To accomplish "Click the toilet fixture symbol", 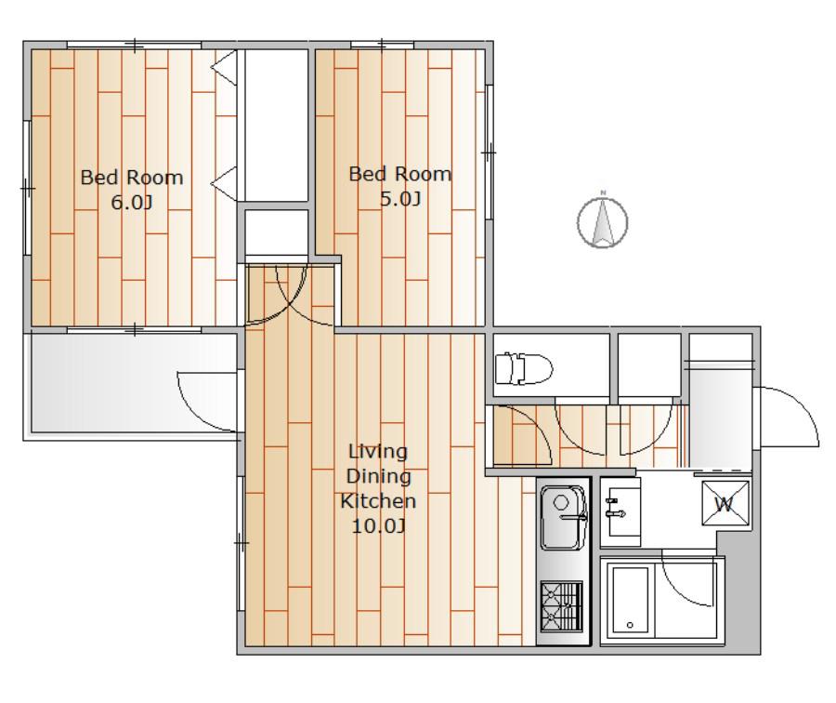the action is click(523, 368).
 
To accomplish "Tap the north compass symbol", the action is click(603, 221).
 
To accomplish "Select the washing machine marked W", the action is click(725, 503).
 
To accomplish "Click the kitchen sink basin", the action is click(564, 517).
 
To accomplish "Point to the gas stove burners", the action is click(561, 606).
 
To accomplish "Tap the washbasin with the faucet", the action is click(620, 511).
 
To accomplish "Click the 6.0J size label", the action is click(132, 203).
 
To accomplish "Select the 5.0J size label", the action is click(400, 199).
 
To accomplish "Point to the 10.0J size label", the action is click(379, 526).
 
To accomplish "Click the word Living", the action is click(378, 452).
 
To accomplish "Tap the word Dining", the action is click(379, 476).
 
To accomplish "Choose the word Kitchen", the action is click(378, 501).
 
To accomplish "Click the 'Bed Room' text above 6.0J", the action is click(132, 178).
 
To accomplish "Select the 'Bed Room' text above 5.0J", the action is click(400, 174).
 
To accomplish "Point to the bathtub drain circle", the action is click(630, 625).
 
